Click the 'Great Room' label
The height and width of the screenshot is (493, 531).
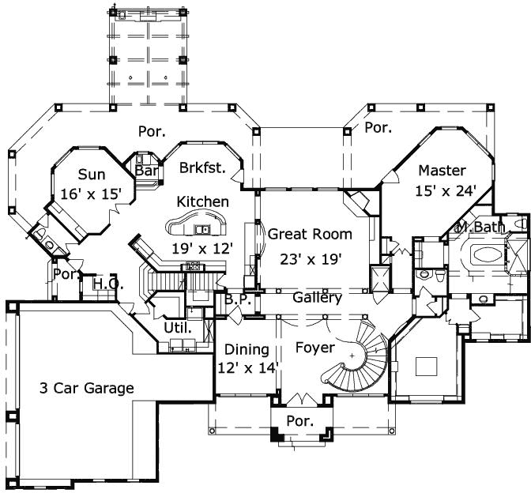(310, 234)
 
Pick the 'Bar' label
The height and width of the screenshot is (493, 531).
(145, 171)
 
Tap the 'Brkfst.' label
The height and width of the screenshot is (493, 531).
(202, 167)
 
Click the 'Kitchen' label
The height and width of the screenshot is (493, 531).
(202, 202)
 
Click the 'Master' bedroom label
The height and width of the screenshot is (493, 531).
(442, 170)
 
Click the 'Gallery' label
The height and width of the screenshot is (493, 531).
(317, 298)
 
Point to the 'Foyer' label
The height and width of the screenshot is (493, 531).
(314, 347)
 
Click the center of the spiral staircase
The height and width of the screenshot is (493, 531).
(352, 357)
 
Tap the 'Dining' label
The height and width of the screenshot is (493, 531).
(247, 349)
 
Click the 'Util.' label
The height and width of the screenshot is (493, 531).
(175, 326)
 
